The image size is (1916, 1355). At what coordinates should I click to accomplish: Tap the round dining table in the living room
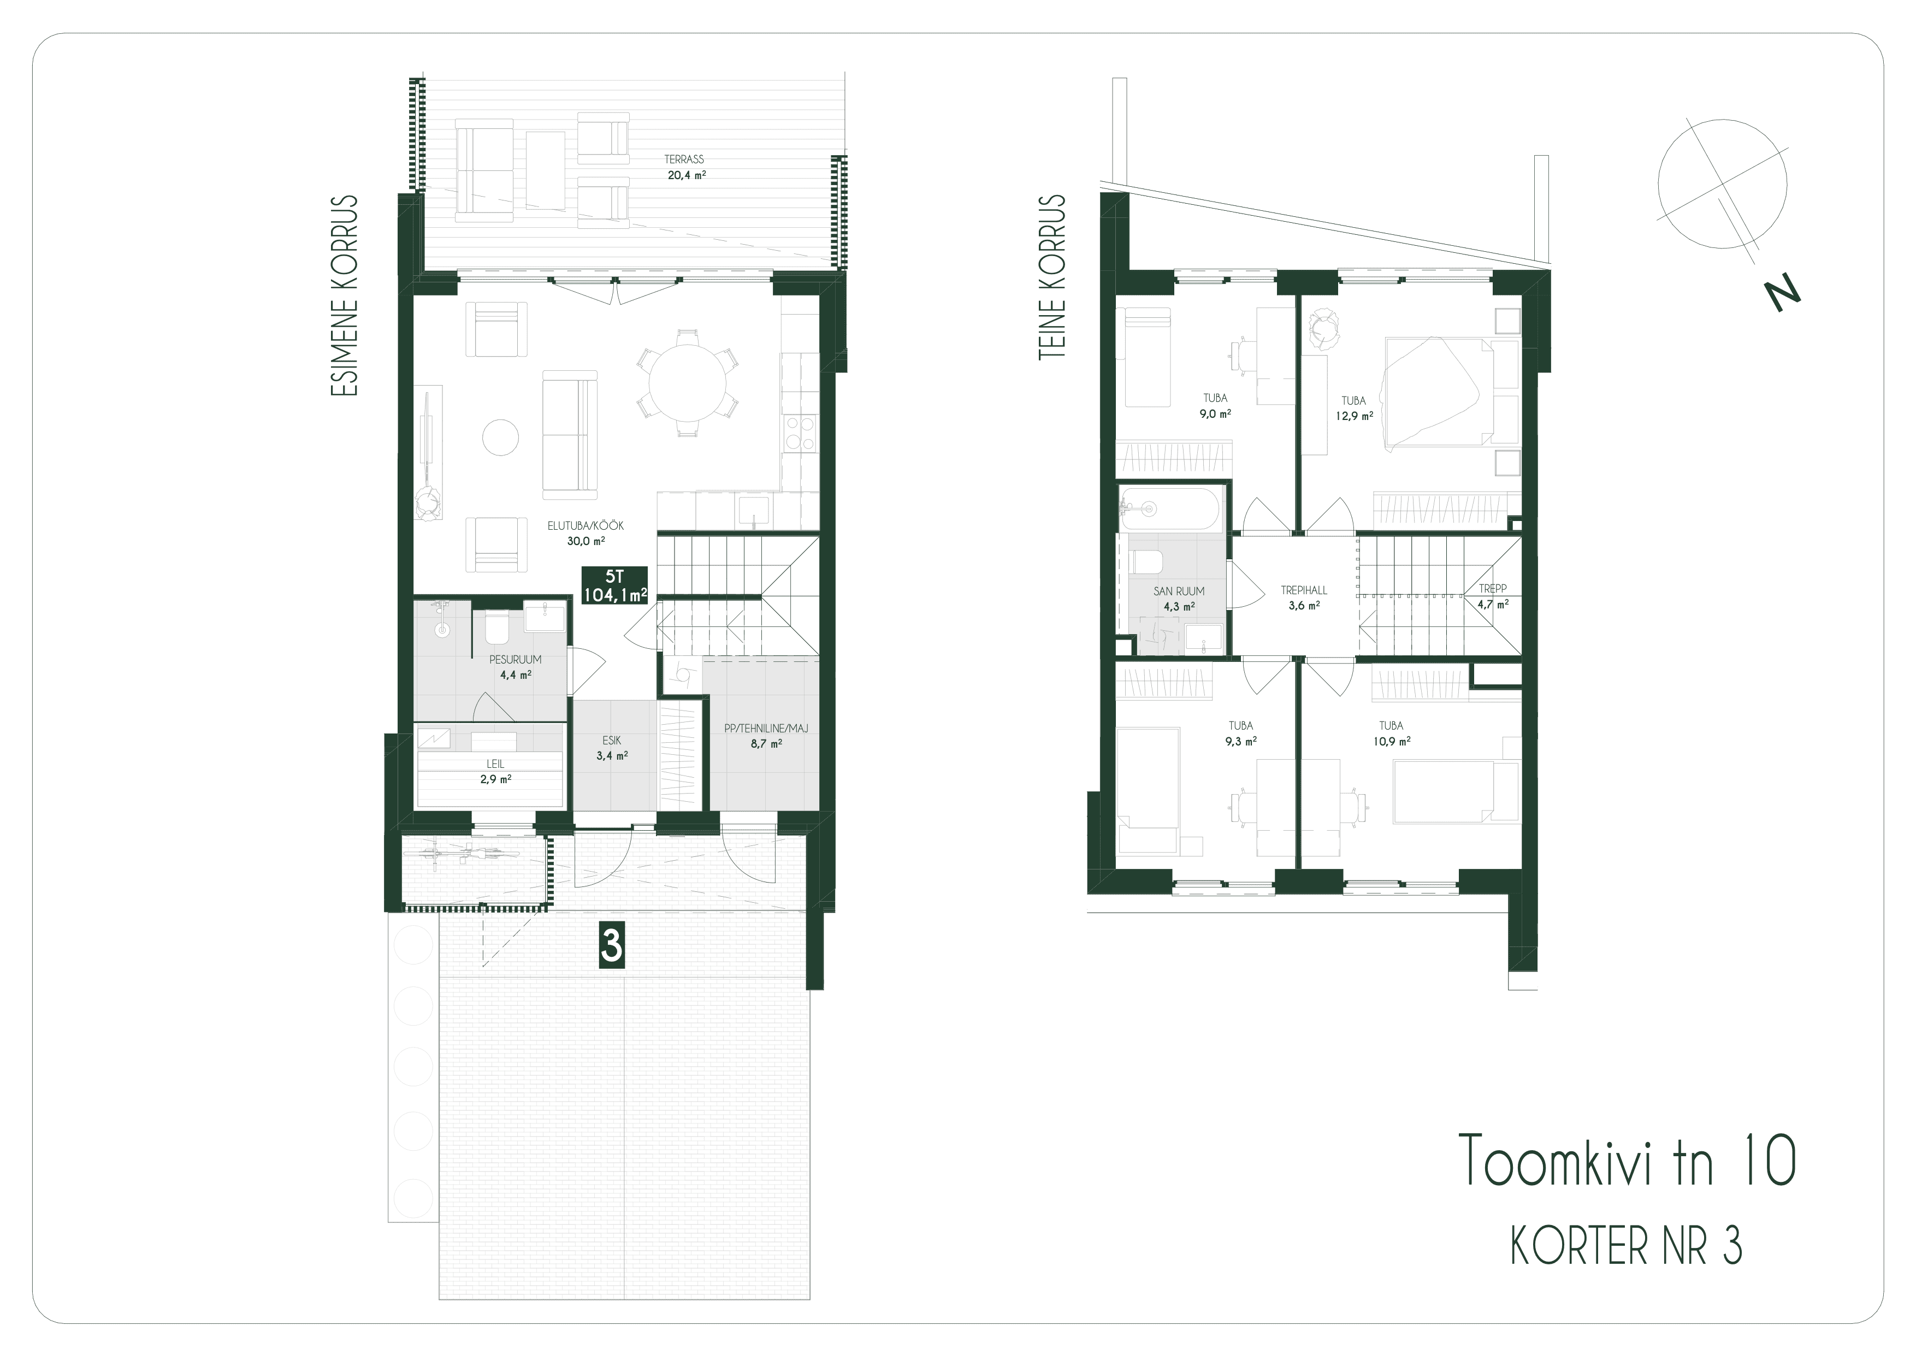tap(687, 382)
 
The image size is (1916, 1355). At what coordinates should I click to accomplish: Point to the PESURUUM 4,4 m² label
tap(516, 667)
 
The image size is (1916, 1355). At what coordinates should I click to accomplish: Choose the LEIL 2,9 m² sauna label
tap(496, 771)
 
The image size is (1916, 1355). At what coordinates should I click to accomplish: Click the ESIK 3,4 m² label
tap(612, 748)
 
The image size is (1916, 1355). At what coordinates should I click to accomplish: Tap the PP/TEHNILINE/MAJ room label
tap(766, 729)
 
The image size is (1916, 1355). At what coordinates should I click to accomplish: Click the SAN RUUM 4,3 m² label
tap(1179, 598)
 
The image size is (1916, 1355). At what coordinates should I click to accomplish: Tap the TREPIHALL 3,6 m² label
tap(1304, 597)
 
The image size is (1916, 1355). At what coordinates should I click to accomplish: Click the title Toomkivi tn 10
tap(1627, 1161)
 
